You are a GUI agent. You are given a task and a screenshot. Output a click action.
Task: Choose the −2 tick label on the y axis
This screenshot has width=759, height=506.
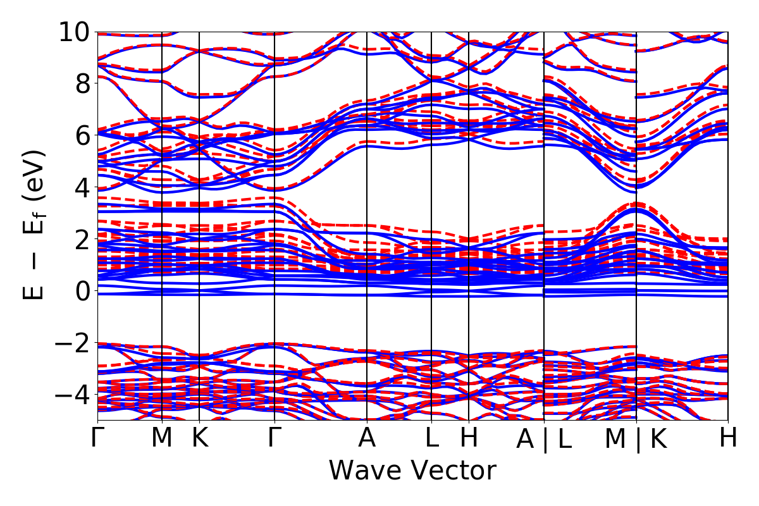point(73,343)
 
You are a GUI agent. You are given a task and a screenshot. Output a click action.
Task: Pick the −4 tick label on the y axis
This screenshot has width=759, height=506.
point(73,395)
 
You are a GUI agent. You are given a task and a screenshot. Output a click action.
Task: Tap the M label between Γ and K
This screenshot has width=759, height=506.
point(162,438)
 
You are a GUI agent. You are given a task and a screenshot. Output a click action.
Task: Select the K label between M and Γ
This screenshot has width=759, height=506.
point(200,438)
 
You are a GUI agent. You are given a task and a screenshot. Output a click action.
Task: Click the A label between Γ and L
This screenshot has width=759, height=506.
point(367,438)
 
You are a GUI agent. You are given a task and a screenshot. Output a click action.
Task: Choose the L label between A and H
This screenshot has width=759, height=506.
point(431,438)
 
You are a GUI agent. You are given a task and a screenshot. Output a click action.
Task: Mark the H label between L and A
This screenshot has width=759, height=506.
point(469,438)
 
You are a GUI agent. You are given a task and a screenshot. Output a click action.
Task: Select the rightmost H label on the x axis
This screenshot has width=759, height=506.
point(728,438)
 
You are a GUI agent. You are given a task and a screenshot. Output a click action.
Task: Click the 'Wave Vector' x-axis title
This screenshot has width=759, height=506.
point(412,471)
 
